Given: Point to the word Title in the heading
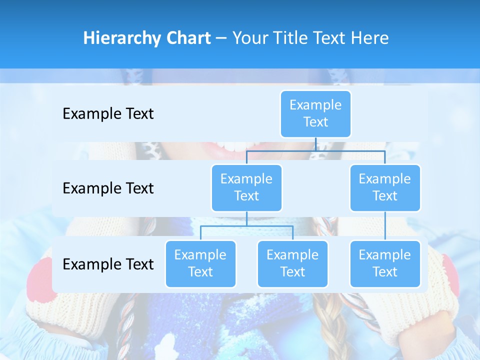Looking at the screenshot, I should pyautogui.click(x=297, y=38).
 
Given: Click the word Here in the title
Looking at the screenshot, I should pyautogui.click(x=370, y=38).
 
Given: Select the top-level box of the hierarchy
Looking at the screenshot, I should pyautogui.click(x=315, y=113).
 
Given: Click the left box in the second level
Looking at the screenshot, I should pyautogui.click(x=246, y=187).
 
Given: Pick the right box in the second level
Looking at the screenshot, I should pyautogui.click(x=385, y=187).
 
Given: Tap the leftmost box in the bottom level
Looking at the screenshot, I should pyautogui.click(x=200, y=263).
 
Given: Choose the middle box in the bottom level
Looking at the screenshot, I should pyautogui.click(x=292, y=263).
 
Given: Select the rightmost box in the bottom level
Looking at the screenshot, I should pyautogui.click(x=385, y=263).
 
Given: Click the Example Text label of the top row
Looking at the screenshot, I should pyautogui.click(x=108, y=114).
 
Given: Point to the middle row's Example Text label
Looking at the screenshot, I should pyautogui.click(x=108, y=188).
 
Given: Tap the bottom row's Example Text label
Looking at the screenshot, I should pyautogui.click(x=108, y=264).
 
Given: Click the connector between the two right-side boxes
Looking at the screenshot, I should pyautogui.click(x=385, y=226).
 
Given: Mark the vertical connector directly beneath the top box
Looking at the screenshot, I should pyautogui.click(x=315, y=144).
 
